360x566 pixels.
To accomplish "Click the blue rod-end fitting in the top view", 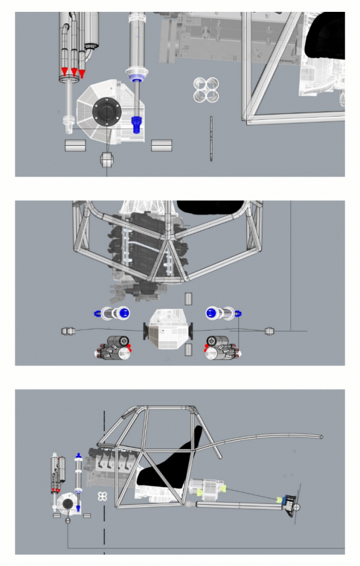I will tap(136, 125).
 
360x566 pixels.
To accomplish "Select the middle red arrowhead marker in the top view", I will tap(74, 72).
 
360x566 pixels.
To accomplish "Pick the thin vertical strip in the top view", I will tap(211, 139).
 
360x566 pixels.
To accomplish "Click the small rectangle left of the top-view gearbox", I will tap(75, 145).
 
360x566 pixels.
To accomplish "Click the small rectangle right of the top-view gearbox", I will tap(161, 145).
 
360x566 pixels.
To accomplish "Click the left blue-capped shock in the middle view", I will tap(112, 312).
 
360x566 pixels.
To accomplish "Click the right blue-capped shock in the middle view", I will tap(222, 312).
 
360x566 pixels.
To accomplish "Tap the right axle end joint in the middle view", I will tap(271, 331).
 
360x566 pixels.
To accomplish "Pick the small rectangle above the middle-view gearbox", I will tap(189, 298).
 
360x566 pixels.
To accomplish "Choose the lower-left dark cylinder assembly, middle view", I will tap(113, 349).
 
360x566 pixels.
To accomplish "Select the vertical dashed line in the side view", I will tap(104, 481).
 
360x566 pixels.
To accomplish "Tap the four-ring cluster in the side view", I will tap(102, 496).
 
